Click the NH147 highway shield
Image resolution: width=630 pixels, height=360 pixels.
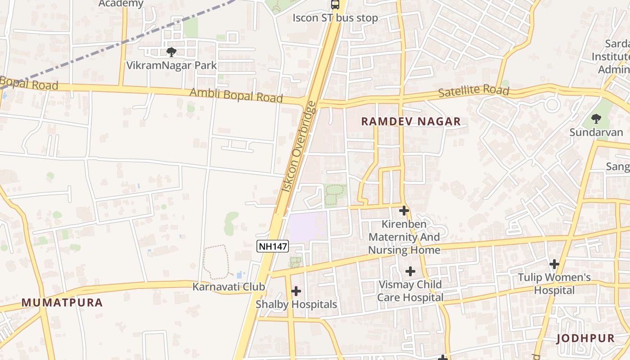click(x=272, y=246)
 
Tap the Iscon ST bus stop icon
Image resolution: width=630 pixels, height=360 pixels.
click(x=335, y=5)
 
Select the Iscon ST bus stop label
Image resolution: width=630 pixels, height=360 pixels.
click(x=335, y=18)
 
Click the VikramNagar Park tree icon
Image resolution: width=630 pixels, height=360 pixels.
click(x=171, y=53)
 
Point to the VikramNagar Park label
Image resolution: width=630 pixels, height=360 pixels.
click(x=171, y=65)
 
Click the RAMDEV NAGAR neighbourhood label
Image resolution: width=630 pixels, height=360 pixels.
click(x=411, y=121)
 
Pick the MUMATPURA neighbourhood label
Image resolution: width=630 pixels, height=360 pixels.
click(x=62, y=303)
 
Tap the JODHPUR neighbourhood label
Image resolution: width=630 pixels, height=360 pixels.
click(x=585, y=338)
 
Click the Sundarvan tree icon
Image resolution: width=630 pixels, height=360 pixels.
click(x=596, y=119)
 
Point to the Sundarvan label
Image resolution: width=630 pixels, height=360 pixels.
click(x=596, y=132)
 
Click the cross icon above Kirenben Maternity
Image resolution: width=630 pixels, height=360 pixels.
click(x=404, y=210)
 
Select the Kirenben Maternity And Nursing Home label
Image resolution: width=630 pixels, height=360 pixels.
click(x=404, y=237)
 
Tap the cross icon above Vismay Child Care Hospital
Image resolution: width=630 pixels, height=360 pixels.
click(x=410, y=271)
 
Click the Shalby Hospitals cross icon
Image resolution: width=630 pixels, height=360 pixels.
click(x=296, y=291)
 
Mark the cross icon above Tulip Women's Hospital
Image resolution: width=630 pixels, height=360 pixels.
click(x=554, y=264)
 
